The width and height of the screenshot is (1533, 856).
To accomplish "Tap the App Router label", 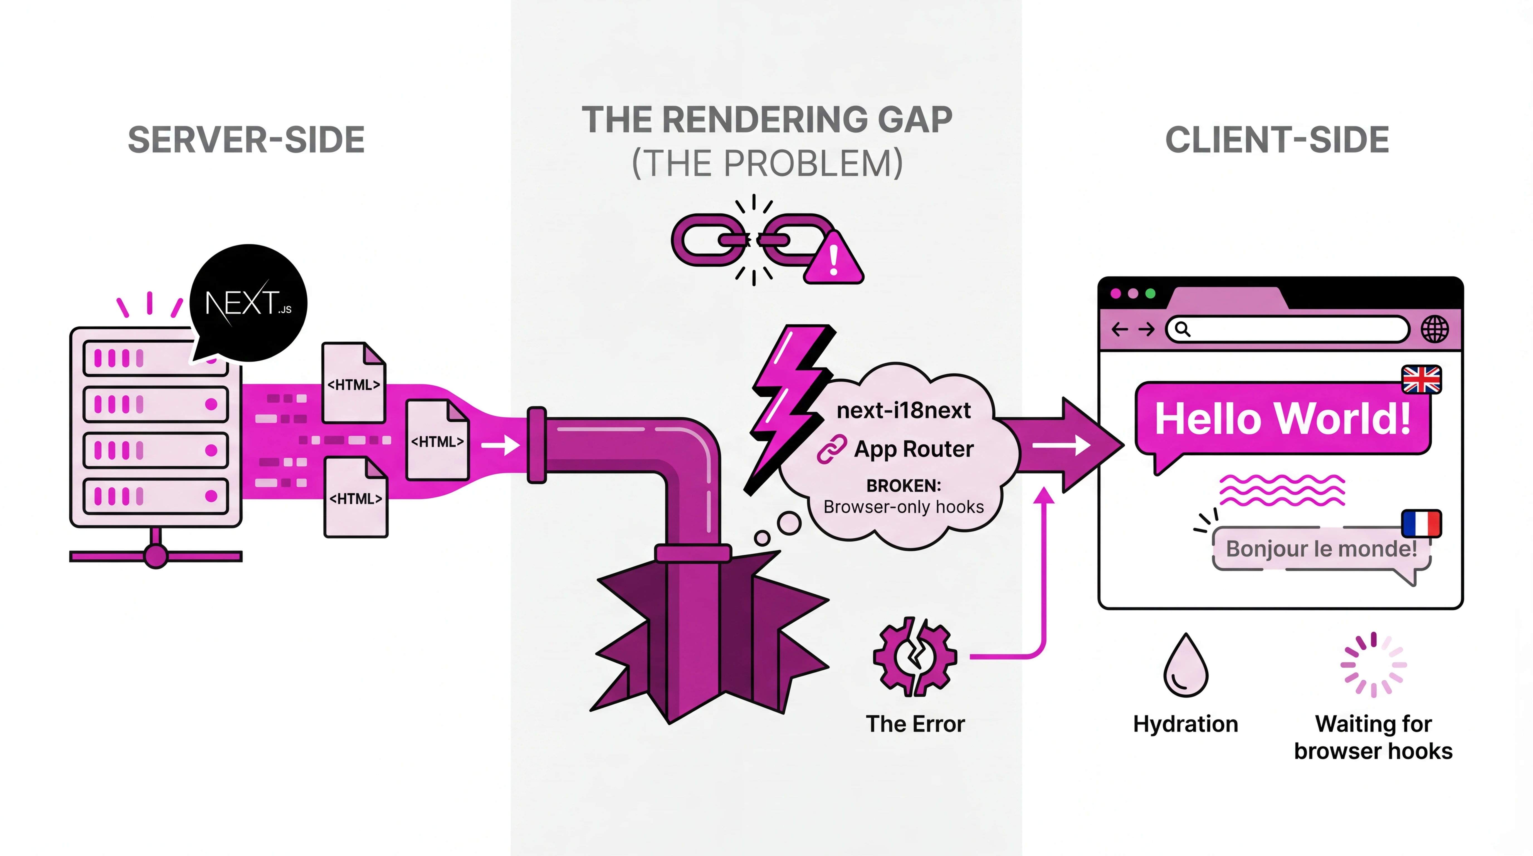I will pyautogui.click(x=914, y=449).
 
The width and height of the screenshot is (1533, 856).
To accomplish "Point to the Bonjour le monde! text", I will pyautogui.click(x=1321, y=548).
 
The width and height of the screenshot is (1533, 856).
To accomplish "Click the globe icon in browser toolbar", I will pyautogui.click(x=1435, y=329).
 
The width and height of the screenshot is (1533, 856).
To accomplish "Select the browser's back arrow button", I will pyautogui.click(x=1119, y=329).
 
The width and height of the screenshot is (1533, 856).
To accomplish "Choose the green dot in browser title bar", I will pyautogui.click(x=1150, y=293).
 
